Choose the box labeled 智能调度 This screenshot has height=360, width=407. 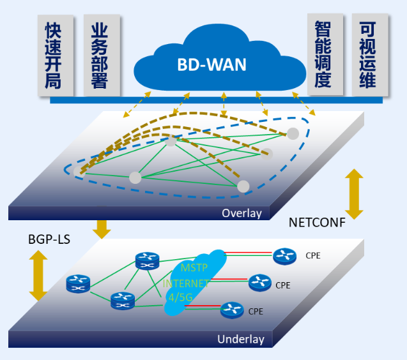(325, 54)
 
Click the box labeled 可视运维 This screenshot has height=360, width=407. (370, 54)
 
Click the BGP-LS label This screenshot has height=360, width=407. (49, 240)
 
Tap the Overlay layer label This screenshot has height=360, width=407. (242, 213)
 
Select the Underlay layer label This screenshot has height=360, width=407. (240, 339)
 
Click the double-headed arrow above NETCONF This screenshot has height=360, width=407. (353, 194)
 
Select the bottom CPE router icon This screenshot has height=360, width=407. (231, 311)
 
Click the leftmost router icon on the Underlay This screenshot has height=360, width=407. (78, 283)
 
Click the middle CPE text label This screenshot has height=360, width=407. (283, 285)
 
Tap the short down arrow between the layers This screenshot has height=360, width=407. (102, 228)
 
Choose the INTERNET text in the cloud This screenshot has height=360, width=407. (186, 283)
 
